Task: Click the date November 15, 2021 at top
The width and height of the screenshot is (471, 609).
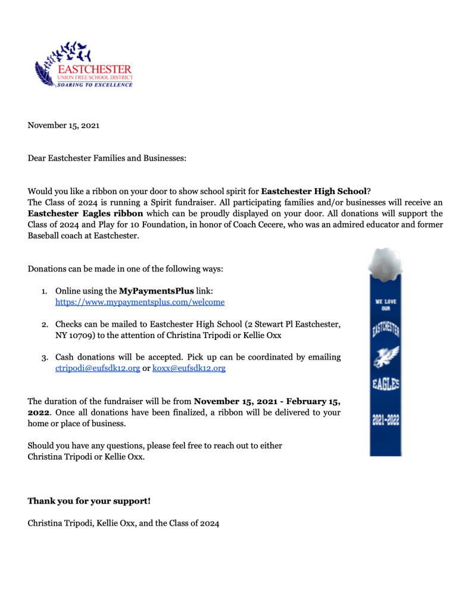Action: [x=64, y=126]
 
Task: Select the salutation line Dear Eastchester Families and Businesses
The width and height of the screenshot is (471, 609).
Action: [x=107, y=158]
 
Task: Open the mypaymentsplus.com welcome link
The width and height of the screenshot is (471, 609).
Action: [x=140, y=302]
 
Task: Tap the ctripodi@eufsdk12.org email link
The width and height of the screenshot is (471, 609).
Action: [x=98, y=368]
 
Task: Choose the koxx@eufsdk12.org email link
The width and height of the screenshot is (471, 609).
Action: [x=189, y=368]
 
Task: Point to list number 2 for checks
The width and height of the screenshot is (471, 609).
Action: [x=45, y=325]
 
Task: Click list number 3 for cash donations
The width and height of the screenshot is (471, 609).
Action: [x=45, y=358]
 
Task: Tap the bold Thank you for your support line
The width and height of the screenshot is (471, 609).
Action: [x=89, y=501]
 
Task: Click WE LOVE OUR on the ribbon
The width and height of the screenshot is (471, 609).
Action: [x=386, y=305]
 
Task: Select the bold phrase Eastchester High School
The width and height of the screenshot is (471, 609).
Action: [x=314, y=192]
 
